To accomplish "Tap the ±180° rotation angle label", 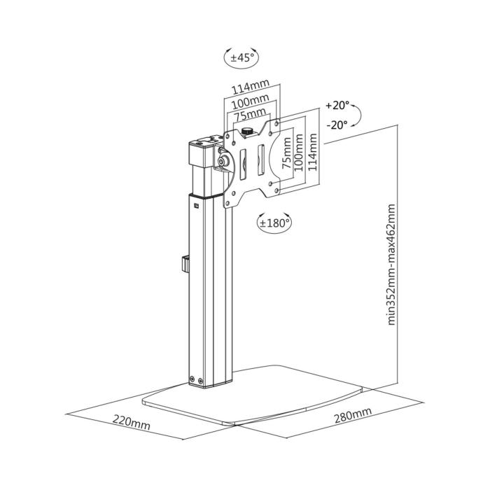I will pos(274,223).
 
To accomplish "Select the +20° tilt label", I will pos(337,106).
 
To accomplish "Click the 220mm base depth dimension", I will pos(131,423).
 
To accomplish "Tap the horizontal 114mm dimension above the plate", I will pos(251,89).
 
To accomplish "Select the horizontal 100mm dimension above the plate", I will pos(251,102).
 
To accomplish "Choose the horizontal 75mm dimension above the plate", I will pos(251,114).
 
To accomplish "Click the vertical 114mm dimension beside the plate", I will pos(313,154).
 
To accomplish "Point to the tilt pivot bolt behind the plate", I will pos(224,160).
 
